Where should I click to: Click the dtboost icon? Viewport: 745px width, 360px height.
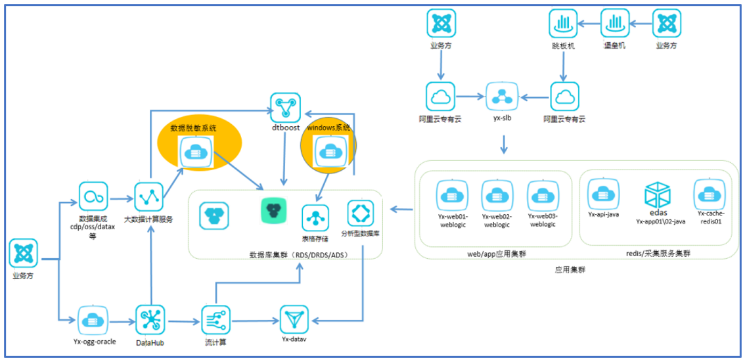285,106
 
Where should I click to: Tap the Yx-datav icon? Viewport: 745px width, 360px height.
293,320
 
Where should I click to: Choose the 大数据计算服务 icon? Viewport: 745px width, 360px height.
148,196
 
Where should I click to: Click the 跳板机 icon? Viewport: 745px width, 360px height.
563,25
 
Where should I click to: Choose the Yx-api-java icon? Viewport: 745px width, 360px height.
602,194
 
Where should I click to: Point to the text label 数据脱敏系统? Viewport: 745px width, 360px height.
194,127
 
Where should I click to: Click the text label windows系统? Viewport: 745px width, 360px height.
329,127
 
